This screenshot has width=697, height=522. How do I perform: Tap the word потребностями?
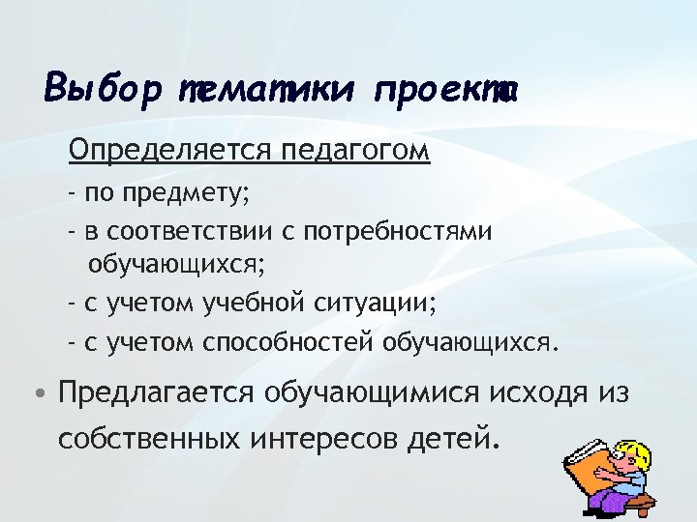(x=398, y=232)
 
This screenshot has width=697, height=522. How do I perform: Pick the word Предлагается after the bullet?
(x=156, y=394)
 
